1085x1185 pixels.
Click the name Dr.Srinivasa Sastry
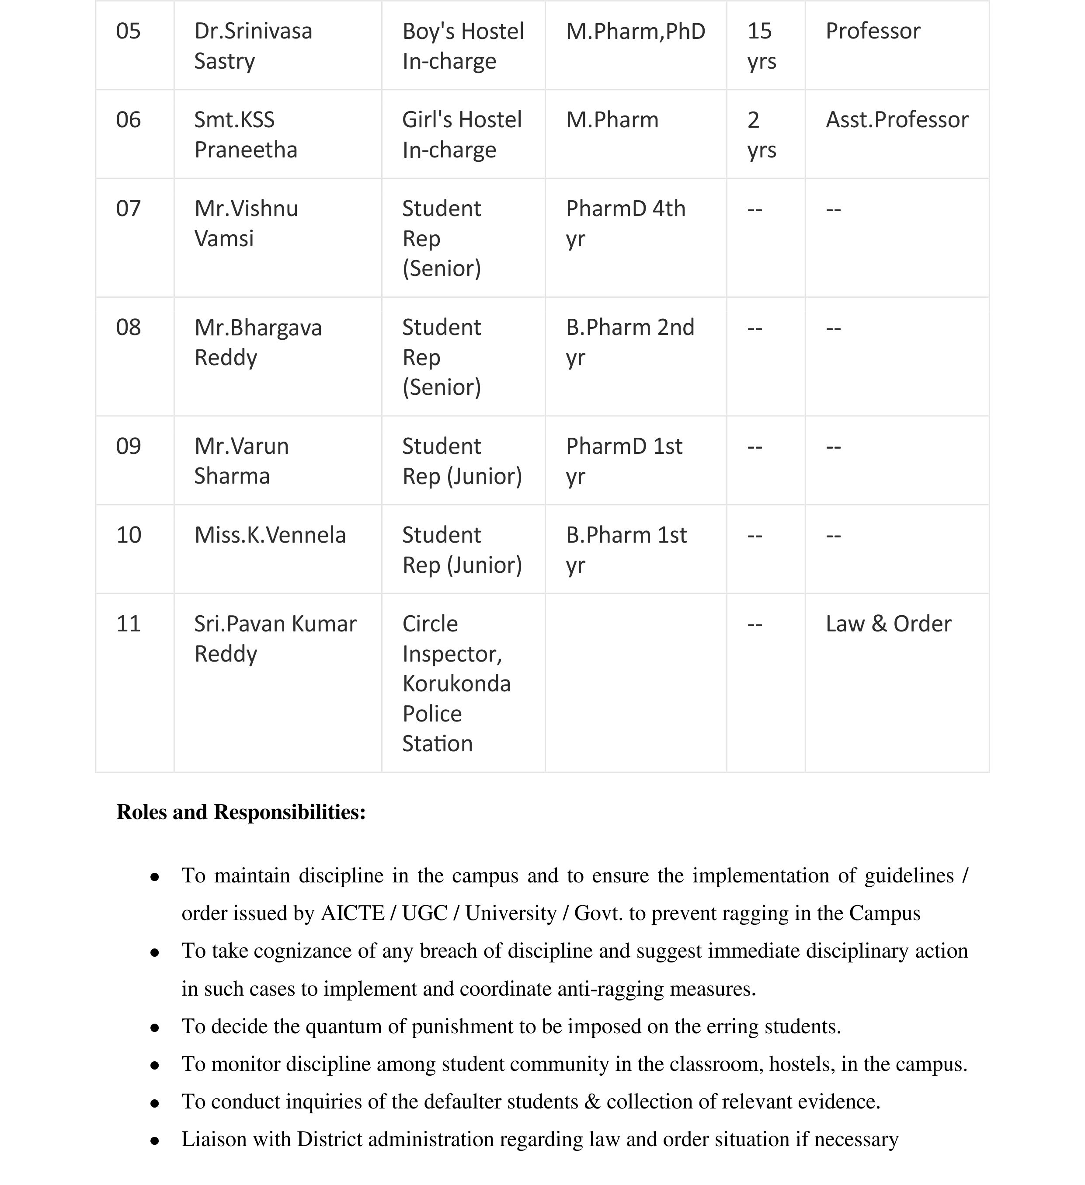[x=253, y=46]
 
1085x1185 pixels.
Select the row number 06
[x=128, y=120]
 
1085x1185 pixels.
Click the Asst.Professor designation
[x=897, y=120]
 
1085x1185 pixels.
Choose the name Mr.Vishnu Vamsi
[x=246, y=223]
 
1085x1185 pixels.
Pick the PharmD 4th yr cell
[x=626, y=223]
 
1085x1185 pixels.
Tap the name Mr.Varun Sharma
[x=242, y=461]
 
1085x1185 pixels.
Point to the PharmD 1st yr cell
[x=624, y=461]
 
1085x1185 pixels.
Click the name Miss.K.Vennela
[x=270, y=535]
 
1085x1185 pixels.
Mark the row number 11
[x=128, y=624]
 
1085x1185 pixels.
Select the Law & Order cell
[x=888, y=624]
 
